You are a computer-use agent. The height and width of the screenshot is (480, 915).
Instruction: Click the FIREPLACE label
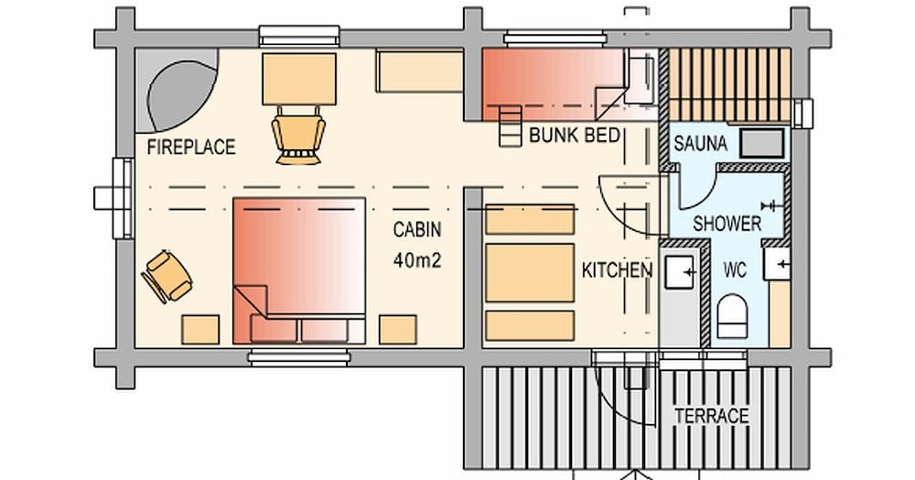(191, 147)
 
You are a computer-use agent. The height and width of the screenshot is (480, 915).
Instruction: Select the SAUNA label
(701, 144)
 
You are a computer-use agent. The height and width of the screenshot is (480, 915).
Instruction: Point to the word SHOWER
(727, 223)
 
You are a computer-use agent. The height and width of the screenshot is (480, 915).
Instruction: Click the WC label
(735, 271)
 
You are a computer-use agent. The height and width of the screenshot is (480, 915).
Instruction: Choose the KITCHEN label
(618, 270)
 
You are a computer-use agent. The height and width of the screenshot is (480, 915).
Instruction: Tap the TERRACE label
(711, 415)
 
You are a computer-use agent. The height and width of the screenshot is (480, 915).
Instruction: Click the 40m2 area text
(417, 259)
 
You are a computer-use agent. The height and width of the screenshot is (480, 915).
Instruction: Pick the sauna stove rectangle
(761, 143)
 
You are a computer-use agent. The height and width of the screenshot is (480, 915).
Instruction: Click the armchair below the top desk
(298, 136)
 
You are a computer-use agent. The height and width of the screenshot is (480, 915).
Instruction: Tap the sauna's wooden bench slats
(728, 85)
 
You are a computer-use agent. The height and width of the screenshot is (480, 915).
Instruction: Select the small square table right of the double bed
(398, 329)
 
